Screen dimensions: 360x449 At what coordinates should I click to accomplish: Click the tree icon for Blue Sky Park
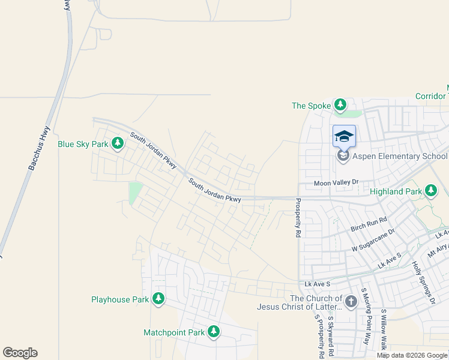pos(118,143)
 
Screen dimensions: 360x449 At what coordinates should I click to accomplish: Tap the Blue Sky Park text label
pos(83,144)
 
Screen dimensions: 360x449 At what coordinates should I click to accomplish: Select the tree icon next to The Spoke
pos(340,106)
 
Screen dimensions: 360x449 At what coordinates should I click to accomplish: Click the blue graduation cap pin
pos(344,137)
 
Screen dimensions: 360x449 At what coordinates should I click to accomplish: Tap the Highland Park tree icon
pos(430,191)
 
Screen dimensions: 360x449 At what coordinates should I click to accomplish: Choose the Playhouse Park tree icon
pos(158,299)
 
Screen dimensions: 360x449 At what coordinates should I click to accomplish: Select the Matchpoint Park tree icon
pos(214,332)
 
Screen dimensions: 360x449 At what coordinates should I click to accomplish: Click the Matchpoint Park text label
pos(174,332)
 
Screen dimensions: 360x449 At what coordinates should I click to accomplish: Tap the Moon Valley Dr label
pos(336,182)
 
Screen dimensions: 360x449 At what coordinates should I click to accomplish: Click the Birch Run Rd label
pos(369,225)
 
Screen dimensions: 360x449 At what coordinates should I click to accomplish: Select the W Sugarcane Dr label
pos(373,239)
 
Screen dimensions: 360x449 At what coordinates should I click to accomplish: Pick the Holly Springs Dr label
pos(423,283)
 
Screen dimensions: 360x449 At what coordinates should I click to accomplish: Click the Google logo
pos(20,353)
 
